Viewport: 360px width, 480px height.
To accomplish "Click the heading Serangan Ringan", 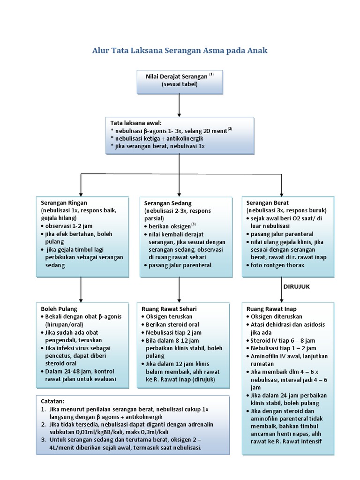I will click(x=64, y=202).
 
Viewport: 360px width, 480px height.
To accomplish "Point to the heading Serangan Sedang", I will click(x=168, y=203).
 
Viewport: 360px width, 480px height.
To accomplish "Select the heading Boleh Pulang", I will click(x=59, y=309).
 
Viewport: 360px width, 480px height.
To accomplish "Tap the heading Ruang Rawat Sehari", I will click(x=169, y=309).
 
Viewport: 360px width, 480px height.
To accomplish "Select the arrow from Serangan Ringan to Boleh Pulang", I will click(x=81, y=288).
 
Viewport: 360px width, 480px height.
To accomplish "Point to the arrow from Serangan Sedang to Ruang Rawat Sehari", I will click(x=180, y=288).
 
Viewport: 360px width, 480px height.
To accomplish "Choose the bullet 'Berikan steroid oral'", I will click(x=172, y=324).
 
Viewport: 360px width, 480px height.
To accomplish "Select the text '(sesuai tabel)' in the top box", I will click(x=180, y=84).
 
